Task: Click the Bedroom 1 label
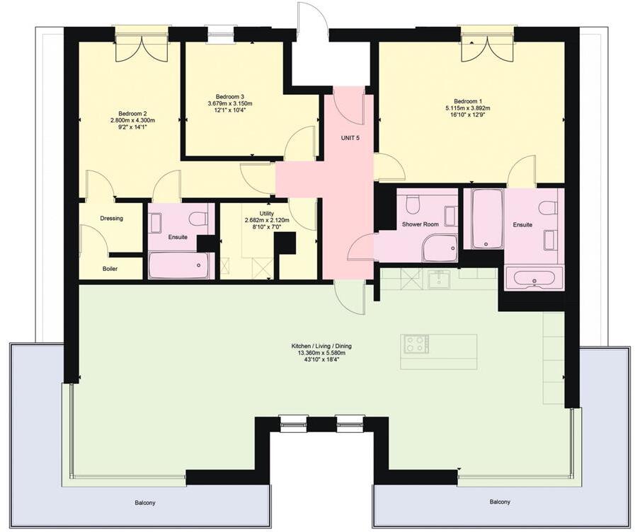(467, 100)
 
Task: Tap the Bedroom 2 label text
(132, 114)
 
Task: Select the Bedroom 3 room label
(230, 97)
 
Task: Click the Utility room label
(266, 213)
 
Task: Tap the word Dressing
(111, 219)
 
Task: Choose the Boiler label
(110, 269)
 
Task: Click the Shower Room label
(421, 224)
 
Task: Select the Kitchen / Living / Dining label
(321, 347)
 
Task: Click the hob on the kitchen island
(415, 345)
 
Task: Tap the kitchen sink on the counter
(438, 279)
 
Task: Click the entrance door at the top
(311, 21)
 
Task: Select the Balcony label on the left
(145, 503)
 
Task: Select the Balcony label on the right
(500, 502)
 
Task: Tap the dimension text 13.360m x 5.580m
(321, 354)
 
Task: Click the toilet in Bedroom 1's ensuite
(547, 207)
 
